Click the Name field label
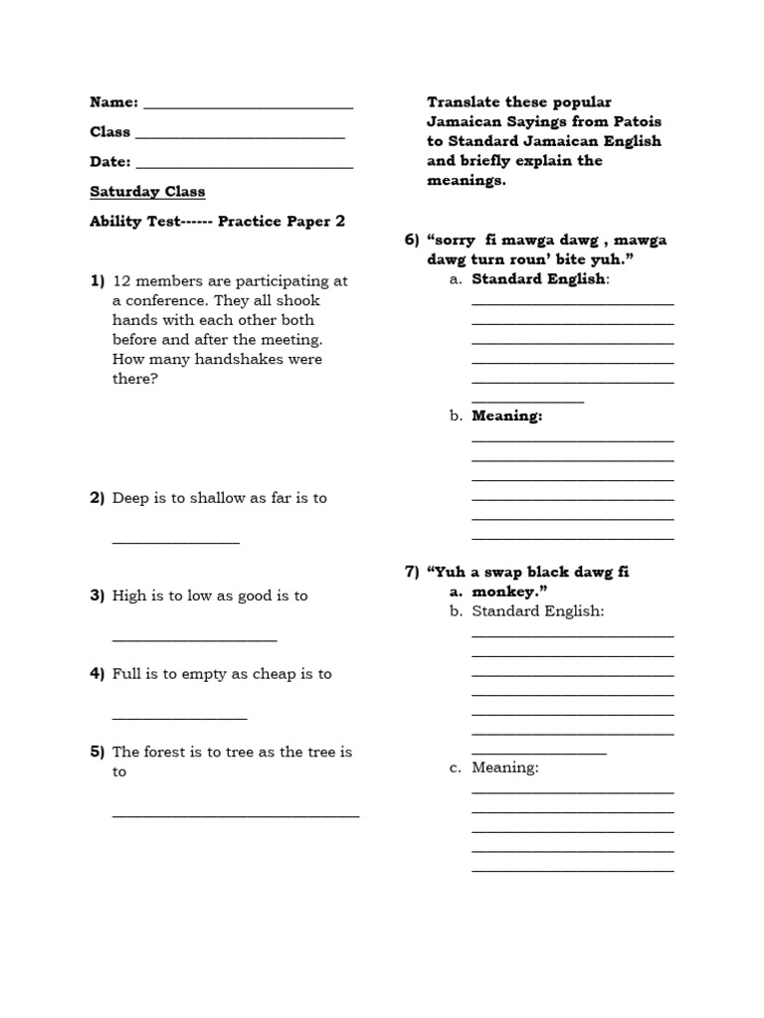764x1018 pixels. point(114,102)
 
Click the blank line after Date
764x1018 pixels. point(244,166)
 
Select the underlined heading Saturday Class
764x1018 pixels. point(147,192)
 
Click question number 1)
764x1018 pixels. point(97,281)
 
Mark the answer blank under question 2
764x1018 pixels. point(176,543)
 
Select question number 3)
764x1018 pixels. point(97,595)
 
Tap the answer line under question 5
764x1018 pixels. point(236,815)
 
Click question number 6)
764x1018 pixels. point(412,241)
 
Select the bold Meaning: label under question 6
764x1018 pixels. point(506,417)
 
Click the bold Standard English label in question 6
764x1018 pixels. point(537,279)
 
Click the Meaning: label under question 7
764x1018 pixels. point(504,768)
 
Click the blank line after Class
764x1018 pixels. point(240,136)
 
